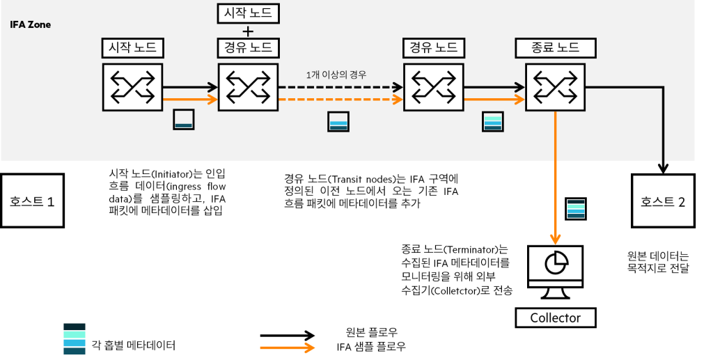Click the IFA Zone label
point(30,25)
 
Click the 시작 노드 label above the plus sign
point(249,12)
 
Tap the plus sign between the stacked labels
point(249,31)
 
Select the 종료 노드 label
point(556,47)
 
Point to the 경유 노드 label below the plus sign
point(249,47)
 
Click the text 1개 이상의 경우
point(336,75)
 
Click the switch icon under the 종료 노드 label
point(556,87)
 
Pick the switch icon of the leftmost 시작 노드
point(132,87)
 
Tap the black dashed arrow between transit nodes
point(341,87)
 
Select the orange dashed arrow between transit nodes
point(341,100)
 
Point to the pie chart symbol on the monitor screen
point(555,263)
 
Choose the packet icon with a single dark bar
point(184,120)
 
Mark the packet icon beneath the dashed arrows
point(338,122)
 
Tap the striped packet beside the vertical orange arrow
point(576,209)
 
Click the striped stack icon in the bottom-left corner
point(75,339)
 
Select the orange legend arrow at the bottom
point(288,347)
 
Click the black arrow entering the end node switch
point(494,87)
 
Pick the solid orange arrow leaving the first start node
point(190,100)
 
